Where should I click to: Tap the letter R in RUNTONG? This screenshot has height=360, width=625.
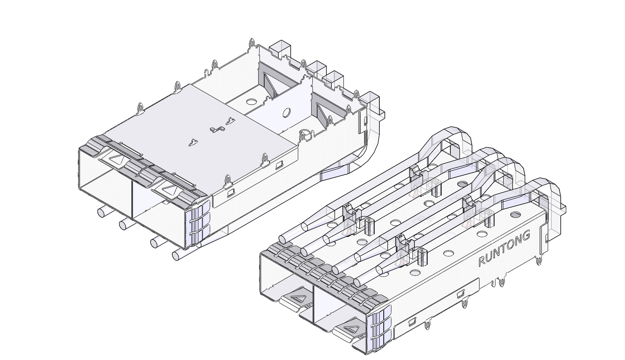481,261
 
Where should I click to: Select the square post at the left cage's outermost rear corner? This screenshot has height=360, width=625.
371,100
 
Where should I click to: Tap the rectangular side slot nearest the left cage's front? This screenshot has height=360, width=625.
230,193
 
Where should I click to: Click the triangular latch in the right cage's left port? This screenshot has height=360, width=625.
298,297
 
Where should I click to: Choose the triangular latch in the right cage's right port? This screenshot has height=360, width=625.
349,328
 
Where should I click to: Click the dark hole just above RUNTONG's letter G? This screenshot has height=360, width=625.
515,215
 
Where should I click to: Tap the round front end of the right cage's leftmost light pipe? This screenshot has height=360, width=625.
283,239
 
